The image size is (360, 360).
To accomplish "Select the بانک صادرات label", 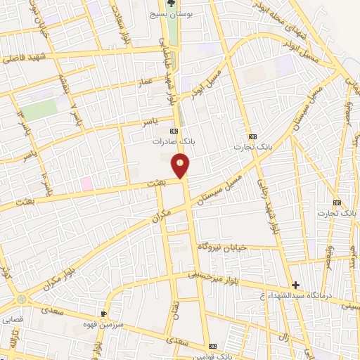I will click(x=173, y=141).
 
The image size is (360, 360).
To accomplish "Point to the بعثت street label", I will click(x=143, y=184).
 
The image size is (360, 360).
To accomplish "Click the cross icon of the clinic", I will click(x=296, y=285).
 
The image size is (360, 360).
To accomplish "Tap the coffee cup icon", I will click(x=104, y=314).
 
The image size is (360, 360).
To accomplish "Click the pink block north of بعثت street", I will click(x=86, y=183).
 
